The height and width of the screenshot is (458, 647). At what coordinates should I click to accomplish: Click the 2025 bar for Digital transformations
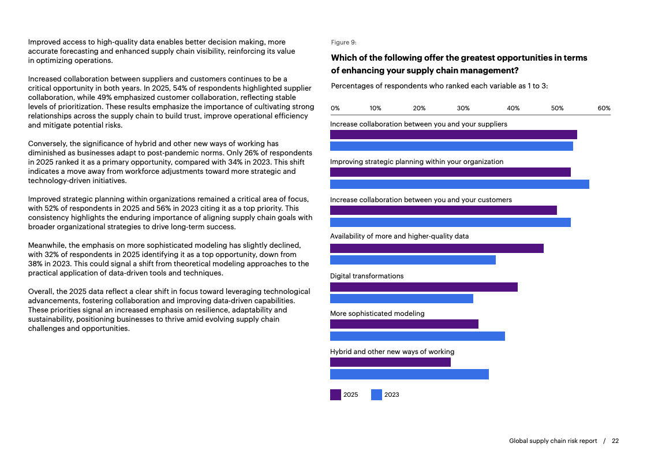tap(424, 287)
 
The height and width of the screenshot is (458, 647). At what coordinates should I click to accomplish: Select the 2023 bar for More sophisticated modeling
tap(417, 336)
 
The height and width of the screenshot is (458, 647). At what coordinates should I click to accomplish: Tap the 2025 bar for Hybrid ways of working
tap(390, 362)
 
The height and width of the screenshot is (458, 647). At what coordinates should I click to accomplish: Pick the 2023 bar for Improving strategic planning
tap(459, 184)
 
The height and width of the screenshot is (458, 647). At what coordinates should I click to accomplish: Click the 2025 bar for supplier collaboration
tap(453, 135)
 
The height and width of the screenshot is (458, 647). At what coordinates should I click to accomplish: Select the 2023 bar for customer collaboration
tap(450, 222)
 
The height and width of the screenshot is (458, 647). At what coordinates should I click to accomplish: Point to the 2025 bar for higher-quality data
tap(436, 248)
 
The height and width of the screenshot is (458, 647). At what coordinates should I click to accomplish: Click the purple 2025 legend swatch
tap(335, 395)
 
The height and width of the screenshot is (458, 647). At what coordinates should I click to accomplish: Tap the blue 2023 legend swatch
tap(376, 395)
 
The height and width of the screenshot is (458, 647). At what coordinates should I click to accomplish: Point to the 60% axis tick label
tap(604, 108)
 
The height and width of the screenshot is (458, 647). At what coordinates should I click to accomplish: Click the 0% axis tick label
tap(335, 108)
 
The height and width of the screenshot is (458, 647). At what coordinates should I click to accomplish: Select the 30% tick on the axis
tap(463, 108)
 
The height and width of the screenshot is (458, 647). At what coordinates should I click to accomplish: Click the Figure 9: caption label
tap(343, 42)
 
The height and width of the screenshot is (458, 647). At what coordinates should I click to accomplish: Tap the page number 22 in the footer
tap(615, 441)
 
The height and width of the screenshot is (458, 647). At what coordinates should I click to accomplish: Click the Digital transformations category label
tap(366, 276)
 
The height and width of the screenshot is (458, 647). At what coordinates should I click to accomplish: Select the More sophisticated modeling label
tap(377, 314)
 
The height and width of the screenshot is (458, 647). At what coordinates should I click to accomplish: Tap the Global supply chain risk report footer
tap(553, 441)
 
